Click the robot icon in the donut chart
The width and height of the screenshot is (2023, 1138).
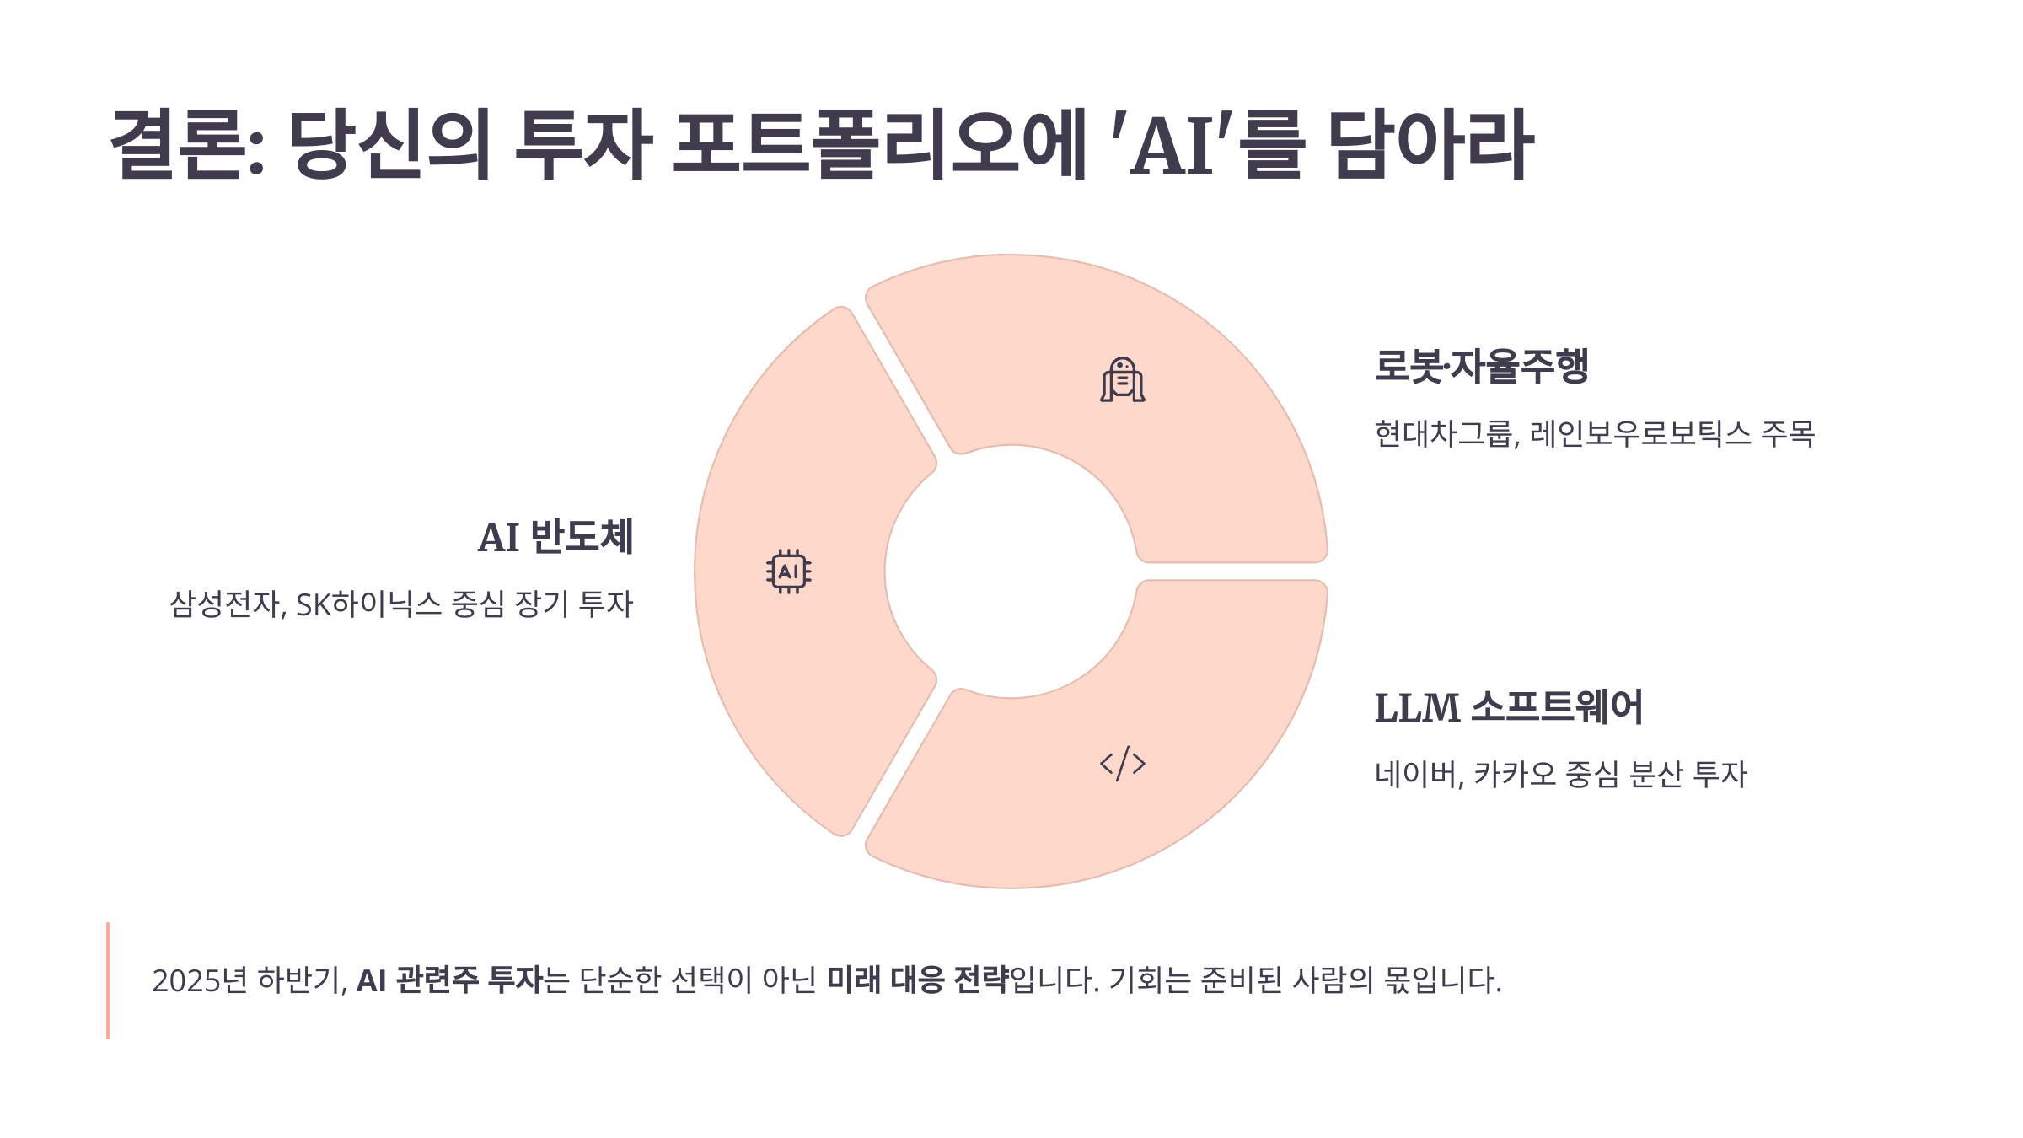coord(1122,380)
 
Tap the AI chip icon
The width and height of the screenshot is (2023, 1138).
coord(789,572)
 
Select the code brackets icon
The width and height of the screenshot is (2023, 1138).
coord(1123,764)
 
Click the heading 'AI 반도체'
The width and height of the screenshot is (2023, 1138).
coord(555,538)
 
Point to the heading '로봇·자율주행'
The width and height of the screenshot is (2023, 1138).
coord(1481,367)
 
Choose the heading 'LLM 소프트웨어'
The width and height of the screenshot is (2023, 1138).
coord(1508,708)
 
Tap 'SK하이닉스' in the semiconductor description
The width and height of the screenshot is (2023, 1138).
coord(368,604)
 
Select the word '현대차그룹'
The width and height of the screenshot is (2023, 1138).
coord(1444,434)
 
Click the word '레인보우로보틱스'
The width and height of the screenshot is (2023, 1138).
coord(1640,434)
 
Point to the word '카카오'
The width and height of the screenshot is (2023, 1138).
coord(1515,775)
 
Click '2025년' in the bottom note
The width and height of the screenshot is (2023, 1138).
coord(199,980)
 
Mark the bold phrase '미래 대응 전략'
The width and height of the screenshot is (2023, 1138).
coord(917,980)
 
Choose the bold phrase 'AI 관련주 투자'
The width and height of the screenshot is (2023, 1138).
coord(449,980)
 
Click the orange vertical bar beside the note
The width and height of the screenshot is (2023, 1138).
coord(108,980)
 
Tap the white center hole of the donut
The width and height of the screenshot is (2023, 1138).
coord(1011,572)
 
